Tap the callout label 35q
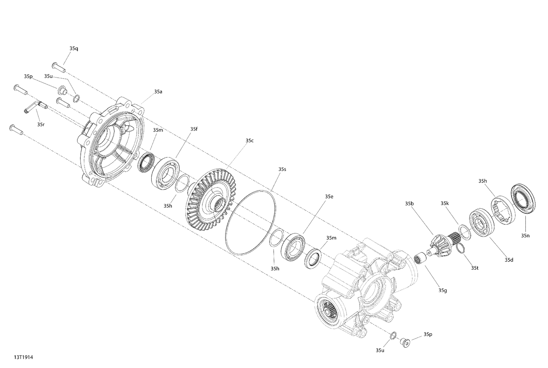(73, 48)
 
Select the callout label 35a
(158, 92)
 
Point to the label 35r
(41, 124)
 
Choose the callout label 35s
(282, 169)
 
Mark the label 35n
(525, 236)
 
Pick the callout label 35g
(443, 291)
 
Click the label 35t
(475, 268)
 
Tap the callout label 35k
(444, 203)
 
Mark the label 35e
(329, 197)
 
